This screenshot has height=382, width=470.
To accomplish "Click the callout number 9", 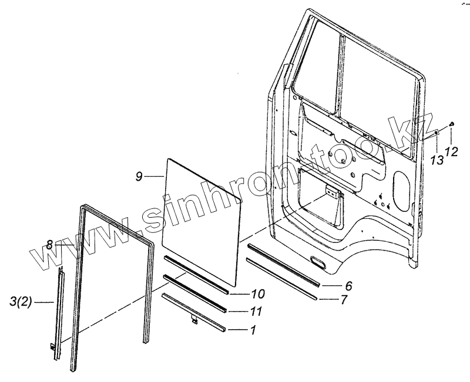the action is [139, 175].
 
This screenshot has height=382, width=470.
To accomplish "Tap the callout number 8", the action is [50, 244].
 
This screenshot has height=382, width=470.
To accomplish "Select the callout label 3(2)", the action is [22, 303].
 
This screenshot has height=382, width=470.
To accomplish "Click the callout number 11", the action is [257, 312].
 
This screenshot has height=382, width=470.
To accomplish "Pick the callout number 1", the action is [253, 331].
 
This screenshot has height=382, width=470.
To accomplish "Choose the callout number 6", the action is [348, 286].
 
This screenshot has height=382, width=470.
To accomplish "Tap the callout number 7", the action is [344, 300].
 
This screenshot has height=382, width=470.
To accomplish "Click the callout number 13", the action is [435, 160].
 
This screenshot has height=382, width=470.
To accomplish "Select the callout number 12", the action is [451, 152].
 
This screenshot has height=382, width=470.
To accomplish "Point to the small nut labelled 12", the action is [451, 123].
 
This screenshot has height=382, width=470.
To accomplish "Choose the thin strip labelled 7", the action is [282, 278].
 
